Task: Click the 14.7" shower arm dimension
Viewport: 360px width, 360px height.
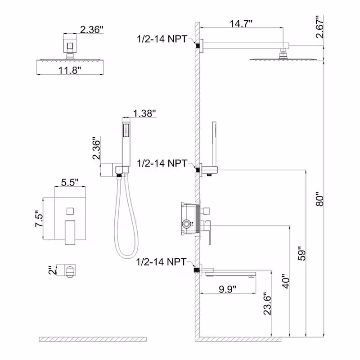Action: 241,23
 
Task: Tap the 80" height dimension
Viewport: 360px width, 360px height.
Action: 319,199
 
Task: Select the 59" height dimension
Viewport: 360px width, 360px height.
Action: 302,254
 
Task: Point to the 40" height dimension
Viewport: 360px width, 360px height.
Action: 286,281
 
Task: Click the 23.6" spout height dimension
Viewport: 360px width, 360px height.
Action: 267,303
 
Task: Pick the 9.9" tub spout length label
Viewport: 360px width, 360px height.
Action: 228,289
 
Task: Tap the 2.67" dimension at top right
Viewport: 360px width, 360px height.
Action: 319,27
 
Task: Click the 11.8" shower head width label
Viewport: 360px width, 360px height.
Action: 70,70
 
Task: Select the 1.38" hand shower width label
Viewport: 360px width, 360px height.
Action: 144,113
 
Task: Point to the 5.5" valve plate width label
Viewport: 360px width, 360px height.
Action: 70,183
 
